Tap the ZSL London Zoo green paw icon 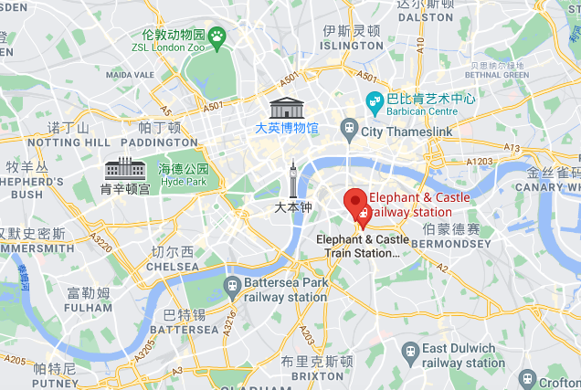[x=217, y=36]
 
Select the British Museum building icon [x=287, y=107]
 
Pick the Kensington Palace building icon [x=125, y=168]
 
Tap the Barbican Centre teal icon [x=374, y=100]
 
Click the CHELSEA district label [x=173, y=266]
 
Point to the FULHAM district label [x=89, y=309]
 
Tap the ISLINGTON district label [x=352, y=45]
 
